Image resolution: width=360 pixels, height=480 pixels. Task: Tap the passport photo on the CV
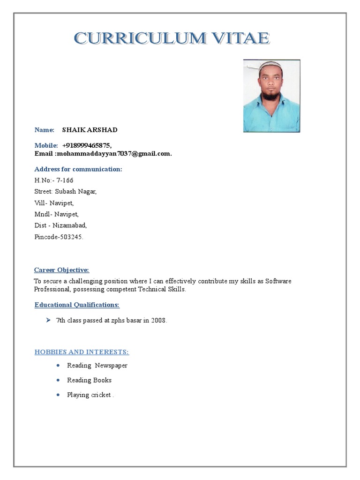(271, 96)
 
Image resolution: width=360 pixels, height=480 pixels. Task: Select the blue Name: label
(45, 130)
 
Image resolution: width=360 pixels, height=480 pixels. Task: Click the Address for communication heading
(78, 169)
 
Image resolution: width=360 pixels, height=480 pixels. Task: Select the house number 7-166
(65, 180)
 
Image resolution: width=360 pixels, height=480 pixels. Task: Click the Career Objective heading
(61, 270)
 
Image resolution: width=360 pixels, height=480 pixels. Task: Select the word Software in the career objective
(278, 281)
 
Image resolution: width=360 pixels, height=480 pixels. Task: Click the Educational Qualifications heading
(77, 305)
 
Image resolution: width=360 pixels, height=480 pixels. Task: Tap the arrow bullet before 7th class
(48, 321)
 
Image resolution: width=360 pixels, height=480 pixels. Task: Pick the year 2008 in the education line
(158, 321)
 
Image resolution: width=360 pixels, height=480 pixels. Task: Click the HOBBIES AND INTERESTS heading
(82, 352)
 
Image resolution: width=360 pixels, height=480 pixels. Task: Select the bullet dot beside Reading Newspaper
(58, 366)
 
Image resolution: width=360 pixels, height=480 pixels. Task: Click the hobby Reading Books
(89, 380)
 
